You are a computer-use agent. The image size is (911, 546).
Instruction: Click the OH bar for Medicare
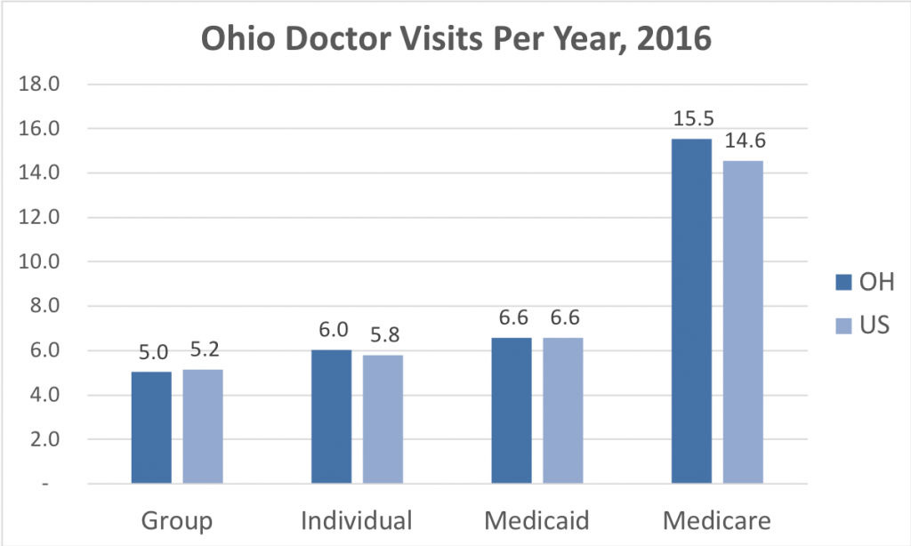click(691, 311)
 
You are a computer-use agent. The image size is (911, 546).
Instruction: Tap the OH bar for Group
click(151, 428)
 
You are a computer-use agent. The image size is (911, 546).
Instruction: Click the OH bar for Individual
click(331, 417)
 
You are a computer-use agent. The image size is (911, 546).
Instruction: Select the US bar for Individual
click(383, 419)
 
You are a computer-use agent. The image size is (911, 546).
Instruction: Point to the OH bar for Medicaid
click(511, 410)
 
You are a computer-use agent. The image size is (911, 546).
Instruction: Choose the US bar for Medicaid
click(562, 410)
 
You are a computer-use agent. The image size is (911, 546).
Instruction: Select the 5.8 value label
click(384, 337)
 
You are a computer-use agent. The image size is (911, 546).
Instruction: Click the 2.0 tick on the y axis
click(44, 439)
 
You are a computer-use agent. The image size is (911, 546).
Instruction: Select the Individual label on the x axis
click(357, 519)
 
